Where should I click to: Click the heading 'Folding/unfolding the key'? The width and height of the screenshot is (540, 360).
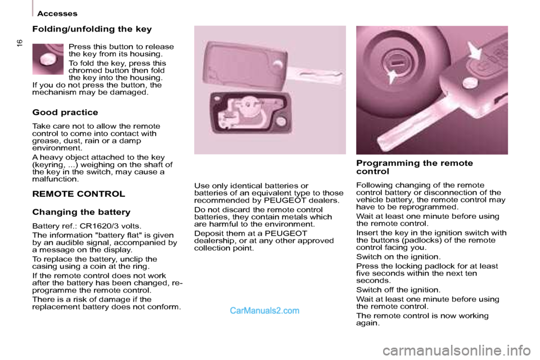pos(92,29)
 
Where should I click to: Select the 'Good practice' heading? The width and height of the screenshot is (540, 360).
pos(65,112)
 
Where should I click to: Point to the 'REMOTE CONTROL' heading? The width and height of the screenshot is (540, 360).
pos(79,194)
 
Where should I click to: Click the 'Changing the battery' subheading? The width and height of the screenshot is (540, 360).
pos(81,212)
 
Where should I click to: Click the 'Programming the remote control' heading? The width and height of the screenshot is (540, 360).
pos(415,166)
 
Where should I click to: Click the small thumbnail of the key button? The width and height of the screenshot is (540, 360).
pos(48,59)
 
